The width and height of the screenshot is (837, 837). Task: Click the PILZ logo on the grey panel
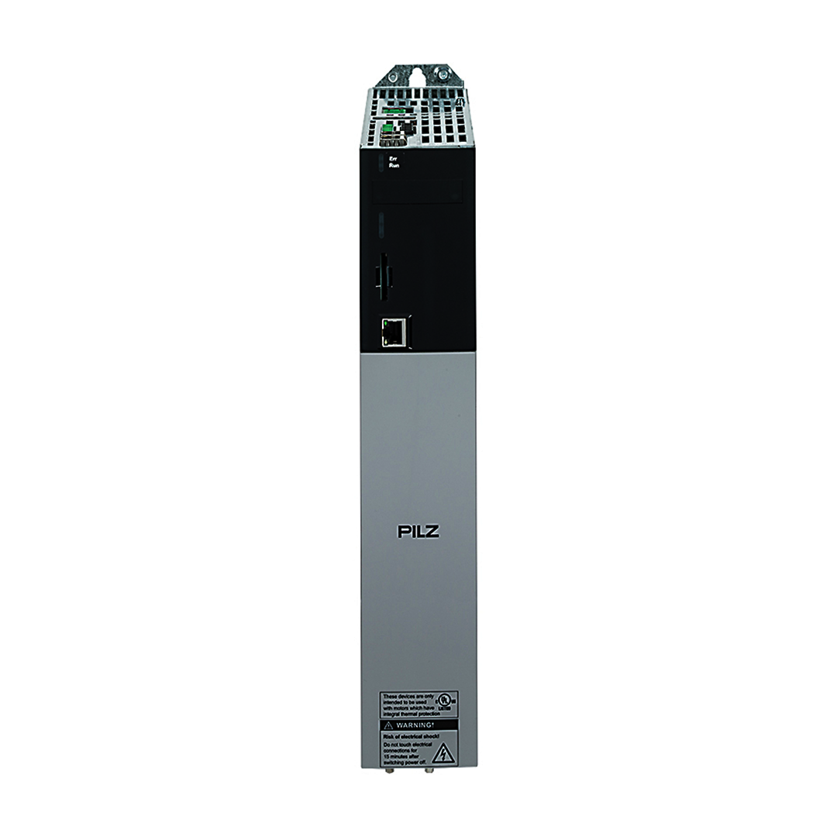point(418,531)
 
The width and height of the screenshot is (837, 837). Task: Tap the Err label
point(393,158)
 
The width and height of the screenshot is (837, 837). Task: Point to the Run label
point(394,166)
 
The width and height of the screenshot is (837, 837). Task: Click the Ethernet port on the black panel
point(394,332)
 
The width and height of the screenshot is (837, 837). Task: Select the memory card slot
point(383,275)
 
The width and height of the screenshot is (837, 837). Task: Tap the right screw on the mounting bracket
point(443,75)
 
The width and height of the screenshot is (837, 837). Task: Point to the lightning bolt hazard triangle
point(443,752)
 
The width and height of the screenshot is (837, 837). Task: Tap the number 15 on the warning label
point(386,756)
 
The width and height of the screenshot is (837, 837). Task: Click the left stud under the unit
point(389,770)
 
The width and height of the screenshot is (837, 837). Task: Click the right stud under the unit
point(430,770)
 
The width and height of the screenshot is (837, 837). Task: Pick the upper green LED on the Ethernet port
point(385,324)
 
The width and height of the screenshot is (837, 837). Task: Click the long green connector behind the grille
point(395,111)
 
